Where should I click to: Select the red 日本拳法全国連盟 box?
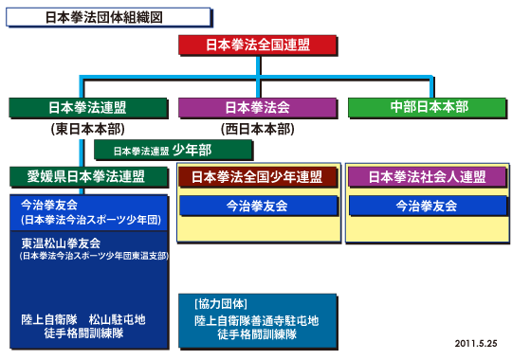coord(257,45)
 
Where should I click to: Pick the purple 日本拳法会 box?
coord(257,107)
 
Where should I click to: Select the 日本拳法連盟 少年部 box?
coord(174,151)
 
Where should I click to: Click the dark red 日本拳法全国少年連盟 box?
coord(257,176)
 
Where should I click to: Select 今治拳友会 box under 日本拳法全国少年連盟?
coord(256,205)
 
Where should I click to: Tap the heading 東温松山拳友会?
coord(63,243)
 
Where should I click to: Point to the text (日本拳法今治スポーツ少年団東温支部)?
coord(93,256)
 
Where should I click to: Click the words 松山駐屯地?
coord(117,319)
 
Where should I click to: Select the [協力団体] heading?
coord(220,304)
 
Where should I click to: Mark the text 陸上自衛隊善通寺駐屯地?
coord(256,320)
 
